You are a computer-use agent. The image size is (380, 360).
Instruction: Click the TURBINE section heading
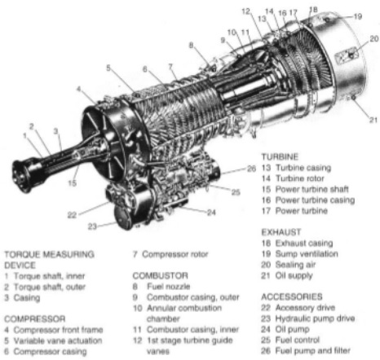278,156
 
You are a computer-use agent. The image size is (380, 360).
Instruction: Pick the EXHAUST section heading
280,231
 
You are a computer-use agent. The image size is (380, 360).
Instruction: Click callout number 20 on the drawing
373,38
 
